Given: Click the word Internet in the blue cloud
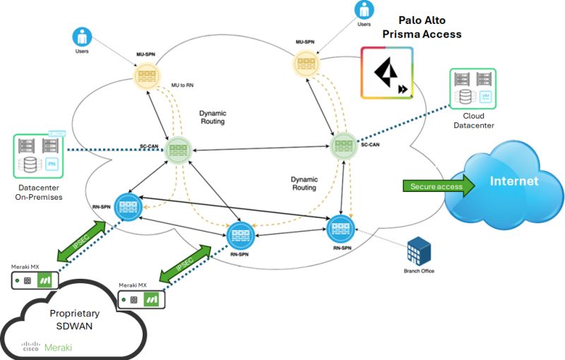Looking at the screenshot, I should click(514, 181).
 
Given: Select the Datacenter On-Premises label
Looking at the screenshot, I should click(40, 191).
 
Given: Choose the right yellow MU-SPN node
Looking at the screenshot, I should click(306, 64).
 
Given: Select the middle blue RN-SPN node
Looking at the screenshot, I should click(239, 233).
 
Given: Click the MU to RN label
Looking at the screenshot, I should click(183, 85).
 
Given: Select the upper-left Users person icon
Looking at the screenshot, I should click(82, 37).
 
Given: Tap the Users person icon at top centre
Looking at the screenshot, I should click(364, 11).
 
